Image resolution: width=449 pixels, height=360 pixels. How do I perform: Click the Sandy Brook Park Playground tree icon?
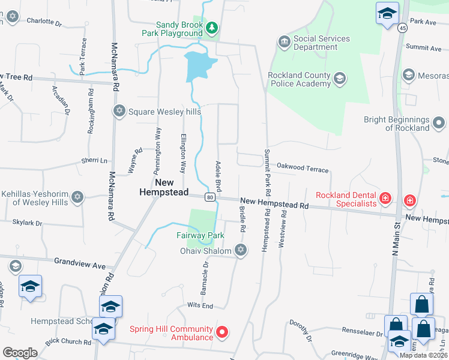tap(211, 28)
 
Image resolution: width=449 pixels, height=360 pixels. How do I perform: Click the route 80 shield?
tap(209, 197)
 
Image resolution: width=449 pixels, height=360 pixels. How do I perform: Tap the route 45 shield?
tap(402, 28)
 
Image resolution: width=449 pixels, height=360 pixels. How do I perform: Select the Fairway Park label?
tap(200, 236)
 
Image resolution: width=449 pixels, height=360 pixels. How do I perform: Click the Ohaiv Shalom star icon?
tap(241, 250)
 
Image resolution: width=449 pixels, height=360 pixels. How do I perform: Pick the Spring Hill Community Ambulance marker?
tap(222, 332)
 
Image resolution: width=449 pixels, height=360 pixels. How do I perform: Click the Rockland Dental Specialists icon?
tap(385, 197)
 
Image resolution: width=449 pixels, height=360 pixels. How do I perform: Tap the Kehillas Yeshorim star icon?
tap(77, 197)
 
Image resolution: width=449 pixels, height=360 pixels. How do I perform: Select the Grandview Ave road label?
tap(80, 262)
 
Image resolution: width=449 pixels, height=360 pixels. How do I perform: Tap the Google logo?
tap(20, 352)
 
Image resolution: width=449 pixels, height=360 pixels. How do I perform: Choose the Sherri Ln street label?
tap(94, 161)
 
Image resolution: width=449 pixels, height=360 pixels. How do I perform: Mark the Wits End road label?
tap(200, 306)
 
